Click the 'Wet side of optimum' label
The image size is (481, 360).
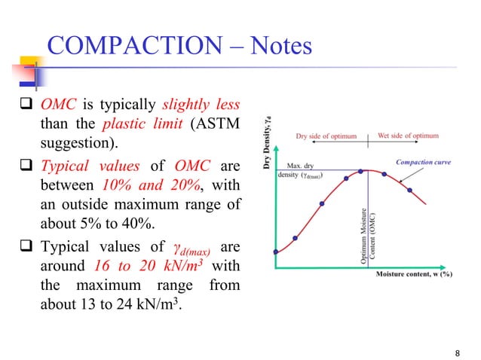(x=408, y=136)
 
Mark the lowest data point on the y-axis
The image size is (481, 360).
(x=277, y=252)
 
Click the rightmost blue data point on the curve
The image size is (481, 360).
(x=410, y=190)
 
